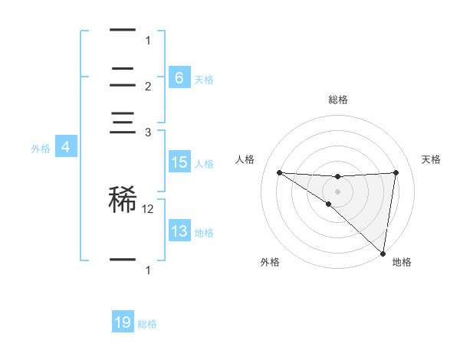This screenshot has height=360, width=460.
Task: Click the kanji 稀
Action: pyautogui.click(x=123, y=198)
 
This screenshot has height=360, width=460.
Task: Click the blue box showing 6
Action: pyautogui.click(x=179, y=78)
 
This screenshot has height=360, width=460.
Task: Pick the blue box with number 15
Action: pyautogui.click(x=179, y=162)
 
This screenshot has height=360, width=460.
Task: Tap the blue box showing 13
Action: pyautogui.click(x=179, y=231)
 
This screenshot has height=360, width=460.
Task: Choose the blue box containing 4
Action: pyautogui.click(x=66, y=148)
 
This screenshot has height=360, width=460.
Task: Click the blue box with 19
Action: pyautogui.click(x=123, y=322)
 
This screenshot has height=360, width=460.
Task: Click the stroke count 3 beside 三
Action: pyautogui.click(x=148, y=133)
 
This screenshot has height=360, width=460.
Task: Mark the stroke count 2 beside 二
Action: pyautogui.click(x=148, y=87)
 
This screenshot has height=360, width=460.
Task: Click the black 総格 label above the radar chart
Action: pyautogui.click(x=338, y=100)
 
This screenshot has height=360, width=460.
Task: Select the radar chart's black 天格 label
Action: pyautogui.click(x=431, y=159)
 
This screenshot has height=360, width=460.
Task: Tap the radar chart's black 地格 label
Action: pyautogui.click(x=402, y=263)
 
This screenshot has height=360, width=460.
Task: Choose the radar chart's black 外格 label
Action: pyautogui.click(x=270, y=263)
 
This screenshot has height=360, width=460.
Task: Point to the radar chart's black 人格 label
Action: pyautogui.click(x=245, y=159)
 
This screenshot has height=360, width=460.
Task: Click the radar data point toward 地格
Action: pyautogui.click(x=383, y=254)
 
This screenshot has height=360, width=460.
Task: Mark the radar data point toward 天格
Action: pyautogui.click(x=396, y=172)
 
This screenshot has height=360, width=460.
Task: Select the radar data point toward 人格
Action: pyautogui.click(x=279, y=172)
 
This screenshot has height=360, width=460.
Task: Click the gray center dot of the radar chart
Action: pyautogui.click(x=337, y=191)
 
